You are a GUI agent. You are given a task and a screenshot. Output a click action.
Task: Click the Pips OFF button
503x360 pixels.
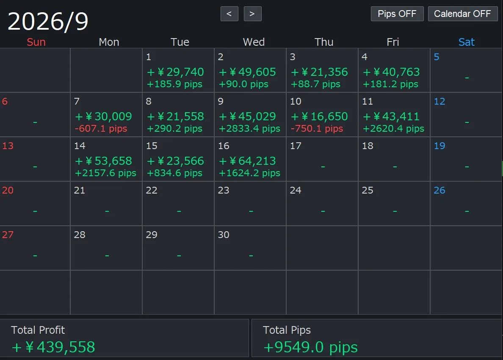pos(397,14)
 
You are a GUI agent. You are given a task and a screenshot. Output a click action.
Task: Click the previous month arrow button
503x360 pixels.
pos(229,14)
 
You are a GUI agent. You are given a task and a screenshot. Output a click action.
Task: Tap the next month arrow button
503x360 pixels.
pos(252,14)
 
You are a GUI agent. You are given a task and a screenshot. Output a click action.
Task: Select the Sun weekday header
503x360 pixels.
pos(36,42)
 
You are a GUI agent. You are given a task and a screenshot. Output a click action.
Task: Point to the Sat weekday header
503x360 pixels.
pos(467,42)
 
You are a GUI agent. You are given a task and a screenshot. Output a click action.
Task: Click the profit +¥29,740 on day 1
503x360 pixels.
pos(175,72)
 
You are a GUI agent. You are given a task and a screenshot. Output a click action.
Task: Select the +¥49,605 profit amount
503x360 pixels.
pos(247,72)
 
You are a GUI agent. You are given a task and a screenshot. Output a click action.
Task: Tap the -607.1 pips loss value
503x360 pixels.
pos(101,129)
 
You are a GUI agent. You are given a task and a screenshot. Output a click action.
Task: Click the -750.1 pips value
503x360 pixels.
pos(317,129)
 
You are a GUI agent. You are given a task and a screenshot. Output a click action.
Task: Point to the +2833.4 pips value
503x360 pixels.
pos(249,129)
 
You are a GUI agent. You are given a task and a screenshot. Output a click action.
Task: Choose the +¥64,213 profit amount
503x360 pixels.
pos(247,161)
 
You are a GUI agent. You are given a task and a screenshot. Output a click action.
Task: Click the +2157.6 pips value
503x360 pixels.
pos(105,173)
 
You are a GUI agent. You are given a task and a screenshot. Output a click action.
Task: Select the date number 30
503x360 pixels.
pos(224,235)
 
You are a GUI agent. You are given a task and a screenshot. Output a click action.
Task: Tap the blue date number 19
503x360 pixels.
pos(439,146)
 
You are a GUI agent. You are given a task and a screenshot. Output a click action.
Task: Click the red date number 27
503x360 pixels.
pos(8,235)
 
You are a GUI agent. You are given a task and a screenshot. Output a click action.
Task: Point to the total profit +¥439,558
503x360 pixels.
pos(53,347)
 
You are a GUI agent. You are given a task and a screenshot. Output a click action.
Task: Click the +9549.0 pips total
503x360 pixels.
pos(310,347)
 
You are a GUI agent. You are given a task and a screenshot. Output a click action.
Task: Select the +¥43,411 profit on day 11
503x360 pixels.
pos(391,116)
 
